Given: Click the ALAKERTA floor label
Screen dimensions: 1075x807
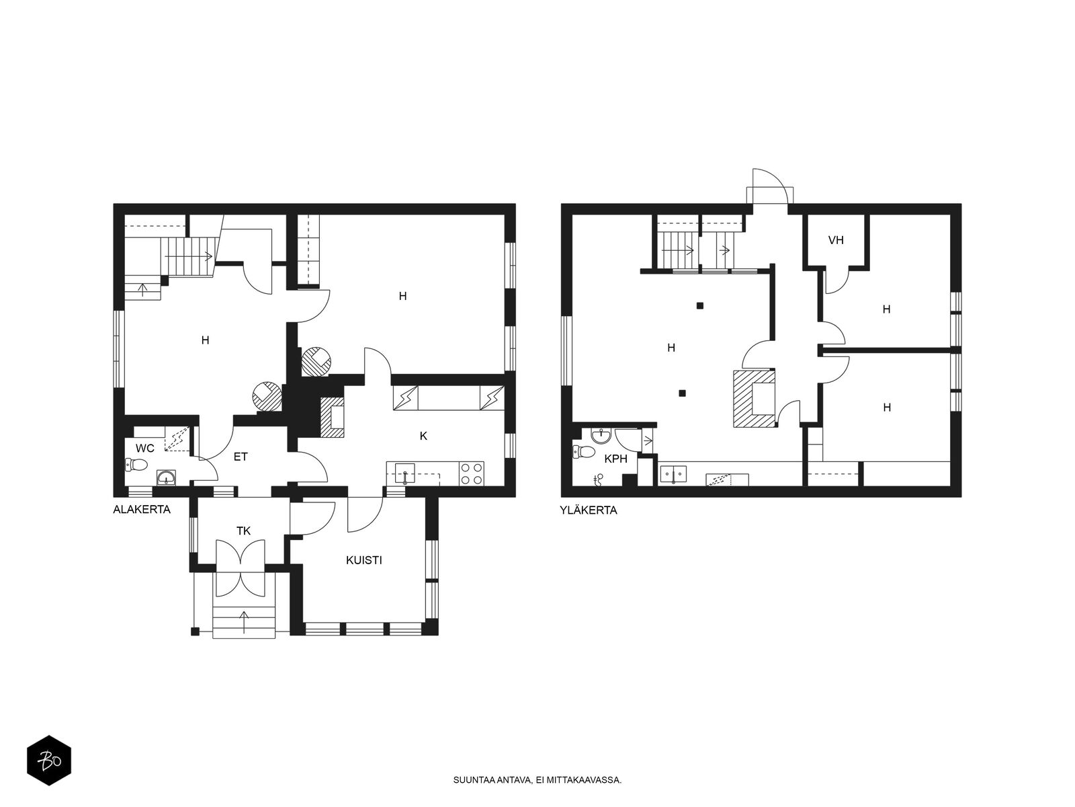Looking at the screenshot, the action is coord(142,510).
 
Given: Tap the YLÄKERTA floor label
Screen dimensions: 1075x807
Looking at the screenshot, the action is coord(588,510).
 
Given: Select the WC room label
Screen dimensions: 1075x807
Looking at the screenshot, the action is coord(145,449).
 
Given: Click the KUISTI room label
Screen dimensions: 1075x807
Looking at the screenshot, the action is coord(364,561).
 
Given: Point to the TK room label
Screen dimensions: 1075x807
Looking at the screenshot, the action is coord(243,531).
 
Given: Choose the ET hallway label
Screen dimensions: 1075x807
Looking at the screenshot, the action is coord(241,457).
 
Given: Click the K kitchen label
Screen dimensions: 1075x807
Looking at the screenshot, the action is coord(424,436).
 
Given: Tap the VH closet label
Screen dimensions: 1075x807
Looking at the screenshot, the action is coord(836,240).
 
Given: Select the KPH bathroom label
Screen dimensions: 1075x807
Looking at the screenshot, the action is coord(615,459).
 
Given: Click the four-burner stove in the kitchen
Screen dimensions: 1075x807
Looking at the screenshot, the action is coord(471,474).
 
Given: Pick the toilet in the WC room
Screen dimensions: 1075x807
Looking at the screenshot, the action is coord(136,464).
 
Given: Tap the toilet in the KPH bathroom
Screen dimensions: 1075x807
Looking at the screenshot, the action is coord(583,451).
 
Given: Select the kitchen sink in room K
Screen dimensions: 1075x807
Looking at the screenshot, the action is coord(404,474).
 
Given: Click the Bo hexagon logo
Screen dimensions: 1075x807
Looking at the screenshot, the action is coord(49,761).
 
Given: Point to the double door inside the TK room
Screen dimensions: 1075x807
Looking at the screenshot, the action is coord(240,554).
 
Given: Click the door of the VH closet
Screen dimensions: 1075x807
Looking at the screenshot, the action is coord(836,280).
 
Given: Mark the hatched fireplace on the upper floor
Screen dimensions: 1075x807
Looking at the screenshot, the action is coord(755,398).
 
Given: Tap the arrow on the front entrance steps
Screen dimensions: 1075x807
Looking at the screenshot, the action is coord(244,623).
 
